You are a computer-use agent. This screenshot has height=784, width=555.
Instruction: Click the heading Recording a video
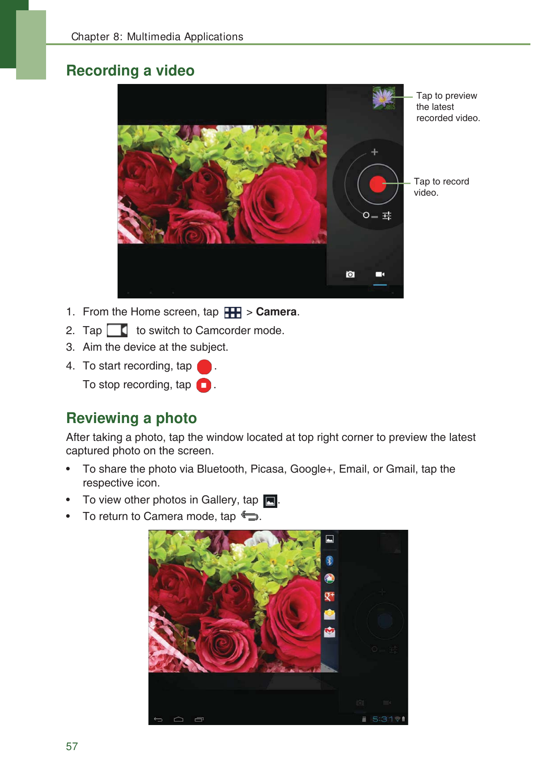pyautogui.click(x=130, y=71)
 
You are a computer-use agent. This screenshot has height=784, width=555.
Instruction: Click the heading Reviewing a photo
pyautogui.click(x=131, y=418)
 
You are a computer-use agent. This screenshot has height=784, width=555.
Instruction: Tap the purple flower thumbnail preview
pyautogui.click(x=384, y=97)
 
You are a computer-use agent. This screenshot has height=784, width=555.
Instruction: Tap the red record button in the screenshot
pyautogui.click(x=377, y=184)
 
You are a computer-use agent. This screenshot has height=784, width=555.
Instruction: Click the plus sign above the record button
pyautogui.click(x=375, y=152)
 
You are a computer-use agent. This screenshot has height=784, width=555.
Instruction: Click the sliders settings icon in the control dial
pyautogui.click(x=387, y=216)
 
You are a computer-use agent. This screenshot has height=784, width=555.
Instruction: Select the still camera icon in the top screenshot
pyautogui.click(x=350, y=274)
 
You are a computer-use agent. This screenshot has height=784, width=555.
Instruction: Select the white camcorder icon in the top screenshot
pyautogui.click(x=380, y=274)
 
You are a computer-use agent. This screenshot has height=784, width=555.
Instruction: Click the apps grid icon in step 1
pyautogui.click(x=233, y=312)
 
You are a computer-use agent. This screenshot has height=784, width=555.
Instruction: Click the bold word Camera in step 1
pyautogui.click(x=276, y=312)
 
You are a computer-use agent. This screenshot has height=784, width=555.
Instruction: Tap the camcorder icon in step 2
pyautogui.click(x=117, y=331)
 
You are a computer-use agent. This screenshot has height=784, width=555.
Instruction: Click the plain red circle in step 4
pyautogui.click(x=204, y=367)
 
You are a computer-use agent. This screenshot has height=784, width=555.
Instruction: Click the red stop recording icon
pyautogui.click(x=203, y=385)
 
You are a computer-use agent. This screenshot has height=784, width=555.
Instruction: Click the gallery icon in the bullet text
pyautogui.click(x=270, y=501)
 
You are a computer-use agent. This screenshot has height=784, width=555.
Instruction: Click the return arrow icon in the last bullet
pyautogui.click(x=250, y=516)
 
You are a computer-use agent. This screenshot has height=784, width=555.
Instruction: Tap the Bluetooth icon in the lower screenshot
pyautogui.click(x=330, y=561)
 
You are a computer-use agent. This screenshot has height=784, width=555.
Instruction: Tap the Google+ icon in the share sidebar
pyautogui.click(x=330, y=596)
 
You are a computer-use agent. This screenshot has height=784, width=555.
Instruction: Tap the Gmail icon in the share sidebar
pyautogui.click(x=330, y=632)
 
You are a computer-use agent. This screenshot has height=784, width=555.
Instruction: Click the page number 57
pyautogui.click(x=72, y=746)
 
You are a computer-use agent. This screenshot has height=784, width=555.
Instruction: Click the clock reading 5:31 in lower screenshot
pyautogui.click(x=382, y=719)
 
